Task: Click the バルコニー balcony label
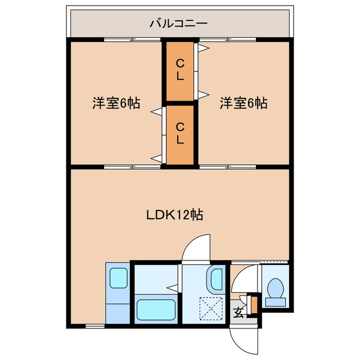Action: [178, 24]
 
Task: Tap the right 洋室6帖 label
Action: [243, 103]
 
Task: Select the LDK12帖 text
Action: [174, 214]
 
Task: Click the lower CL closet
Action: [179, 133]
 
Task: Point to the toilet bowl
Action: [276, 289]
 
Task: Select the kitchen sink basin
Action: [118, 278]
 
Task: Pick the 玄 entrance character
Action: [238, 312]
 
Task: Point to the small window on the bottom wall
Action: [94, 326]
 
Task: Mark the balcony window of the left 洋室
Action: [133, 39]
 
